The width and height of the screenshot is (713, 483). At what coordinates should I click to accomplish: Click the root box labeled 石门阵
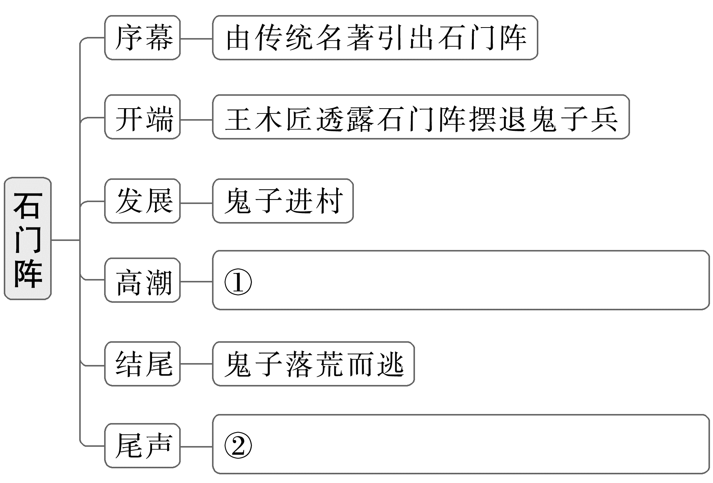click(28, 239)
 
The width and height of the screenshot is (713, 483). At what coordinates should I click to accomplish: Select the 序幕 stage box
click(143, 38)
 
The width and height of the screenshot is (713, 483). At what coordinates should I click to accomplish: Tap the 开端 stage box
click(143, 117)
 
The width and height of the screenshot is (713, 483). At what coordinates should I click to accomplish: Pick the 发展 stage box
click(143, 201)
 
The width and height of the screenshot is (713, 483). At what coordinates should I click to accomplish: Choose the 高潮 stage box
click(143, 280)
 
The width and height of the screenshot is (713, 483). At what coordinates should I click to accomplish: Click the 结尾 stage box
click(143, 364)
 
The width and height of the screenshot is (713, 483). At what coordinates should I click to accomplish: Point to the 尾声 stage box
click(143, 446)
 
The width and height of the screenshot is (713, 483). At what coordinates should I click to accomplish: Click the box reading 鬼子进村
click(283, 201)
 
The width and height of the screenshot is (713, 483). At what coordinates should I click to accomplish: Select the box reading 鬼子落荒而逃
click(313, 364)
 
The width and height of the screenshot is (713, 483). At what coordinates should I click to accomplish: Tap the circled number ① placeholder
click(238, 282)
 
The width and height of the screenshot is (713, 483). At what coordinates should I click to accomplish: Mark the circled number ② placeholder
click(238, 446)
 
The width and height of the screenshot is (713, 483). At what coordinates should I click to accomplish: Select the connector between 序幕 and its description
click(196, 38)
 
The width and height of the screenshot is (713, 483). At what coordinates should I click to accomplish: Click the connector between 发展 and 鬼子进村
click(196, 203)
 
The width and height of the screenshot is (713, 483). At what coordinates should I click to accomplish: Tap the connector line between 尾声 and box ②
click(196, 446)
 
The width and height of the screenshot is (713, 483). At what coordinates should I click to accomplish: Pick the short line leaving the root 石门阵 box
click(65, 240)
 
